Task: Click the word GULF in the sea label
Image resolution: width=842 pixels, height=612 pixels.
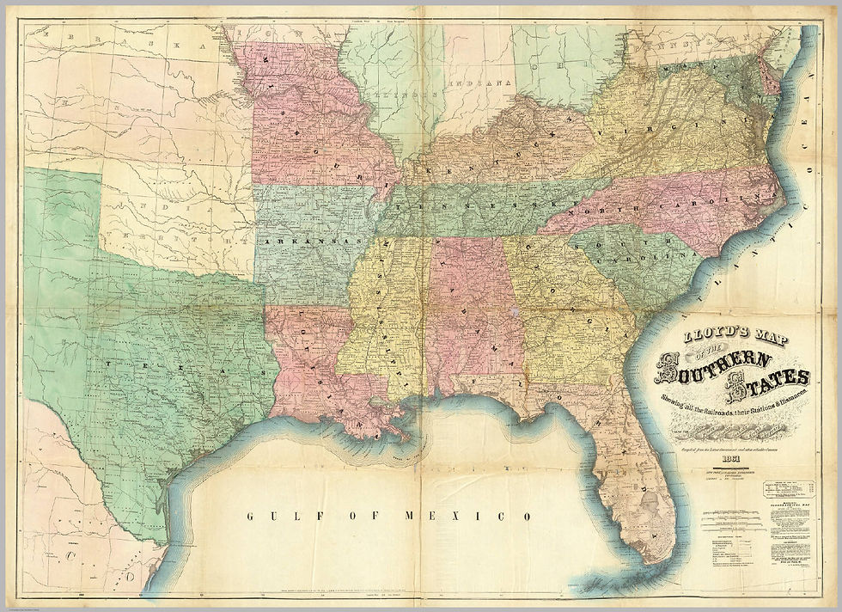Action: click(271, 517)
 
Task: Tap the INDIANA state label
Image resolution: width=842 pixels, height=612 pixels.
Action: click(486, 83)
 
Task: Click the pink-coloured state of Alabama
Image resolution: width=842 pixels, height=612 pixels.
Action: click(468, 309)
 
